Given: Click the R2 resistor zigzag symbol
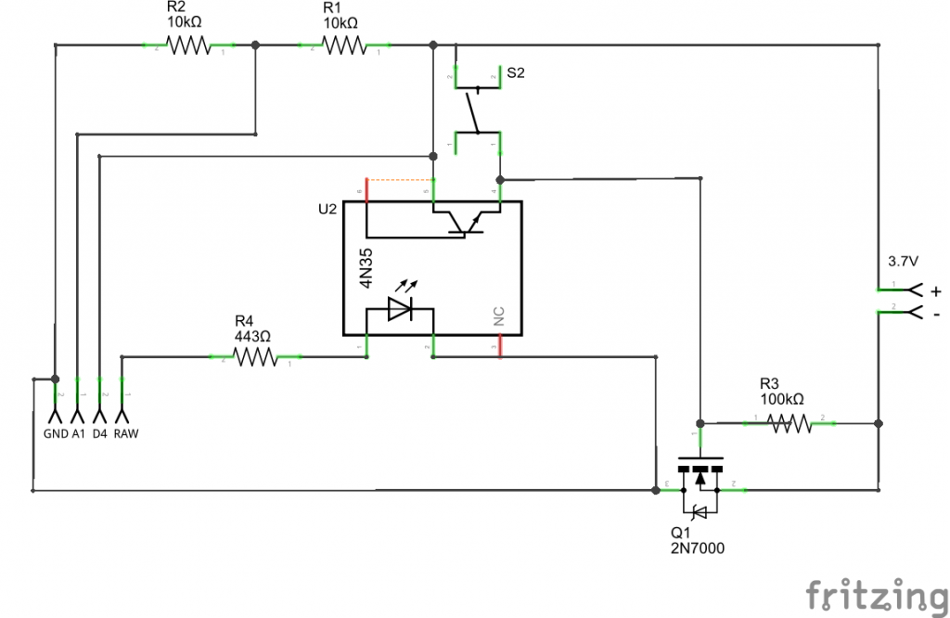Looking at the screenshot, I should pyautogui.click(x=188, y=45).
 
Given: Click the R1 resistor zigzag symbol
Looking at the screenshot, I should pyautogui.click(x=344, y=45).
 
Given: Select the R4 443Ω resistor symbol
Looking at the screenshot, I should pyautogui.click(x=256, y=356).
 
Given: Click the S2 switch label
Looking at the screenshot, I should pyautogui.click(x=515, y=73).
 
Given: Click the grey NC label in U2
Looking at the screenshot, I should pyautogui.click(x=499, y=317).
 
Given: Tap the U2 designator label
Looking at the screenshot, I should pyautogui.click(x=327, y=210).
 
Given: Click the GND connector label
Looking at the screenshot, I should pyautogui.click(x=56, y=433).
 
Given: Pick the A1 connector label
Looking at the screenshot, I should pyautogui.click(x=79, y=433).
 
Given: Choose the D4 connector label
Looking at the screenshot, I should pyautogui.click(x=100, y=433).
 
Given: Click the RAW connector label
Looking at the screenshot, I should pyautogui.click(x=126, y=433).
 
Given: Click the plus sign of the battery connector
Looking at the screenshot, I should pyautogui.click(x=934, y=290).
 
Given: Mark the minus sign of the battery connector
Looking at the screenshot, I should pyautogui.click(x=935, y=315).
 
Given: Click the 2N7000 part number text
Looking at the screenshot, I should pyautogui.click(x=697, y=548).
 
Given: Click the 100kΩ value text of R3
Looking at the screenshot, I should pyautogui.click(x=781, y=399).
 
